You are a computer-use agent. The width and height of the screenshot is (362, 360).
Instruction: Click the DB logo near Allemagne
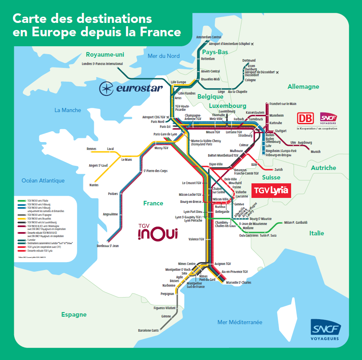(x=305, y=118)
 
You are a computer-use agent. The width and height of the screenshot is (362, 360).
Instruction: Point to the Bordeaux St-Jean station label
(x=108, y=246)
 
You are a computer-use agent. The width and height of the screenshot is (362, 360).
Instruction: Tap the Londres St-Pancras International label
(x=103, y=64)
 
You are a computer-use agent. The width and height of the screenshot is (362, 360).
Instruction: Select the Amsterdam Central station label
(x=210, y=37)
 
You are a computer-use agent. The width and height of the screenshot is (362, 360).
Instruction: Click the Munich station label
(x=316, y=152)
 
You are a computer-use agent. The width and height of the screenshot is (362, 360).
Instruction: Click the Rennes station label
(x=91, y=149)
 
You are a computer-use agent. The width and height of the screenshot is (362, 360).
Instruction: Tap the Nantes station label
(x=94, y=185)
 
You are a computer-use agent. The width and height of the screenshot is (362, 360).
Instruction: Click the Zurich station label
(x=279, y=170)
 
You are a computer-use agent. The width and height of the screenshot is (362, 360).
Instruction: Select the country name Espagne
(x=74, y=315)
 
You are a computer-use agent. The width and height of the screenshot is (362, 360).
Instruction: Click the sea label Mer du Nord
(x=163, y=56)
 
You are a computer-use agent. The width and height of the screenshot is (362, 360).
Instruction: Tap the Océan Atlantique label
(x=43, y=180)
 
